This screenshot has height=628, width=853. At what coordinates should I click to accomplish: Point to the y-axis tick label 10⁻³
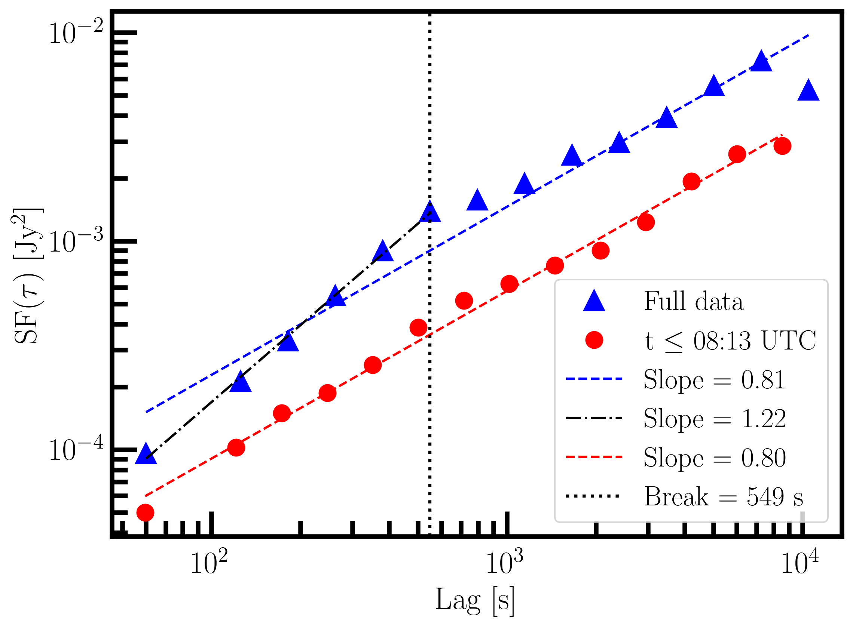pos(76,241)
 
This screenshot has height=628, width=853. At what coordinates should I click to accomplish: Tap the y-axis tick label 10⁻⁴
pos(76,449)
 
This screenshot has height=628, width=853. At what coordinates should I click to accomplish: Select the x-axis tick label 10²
pos(209,562)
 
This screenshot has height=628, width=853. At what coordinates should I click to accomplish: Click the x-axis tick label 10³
pos(504,562)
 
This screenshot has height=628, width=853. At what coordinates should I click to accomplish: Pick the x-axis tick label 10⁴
pos(800,562)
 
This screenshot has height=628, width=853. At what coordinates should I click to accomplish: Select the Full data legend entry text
pos(694,301)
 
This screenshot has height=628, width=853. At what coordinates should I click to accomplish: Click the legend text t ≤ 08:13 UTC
pos(730,340)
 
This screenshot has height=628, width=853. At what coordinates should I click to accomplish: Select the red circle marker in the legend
pos(594,340)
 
